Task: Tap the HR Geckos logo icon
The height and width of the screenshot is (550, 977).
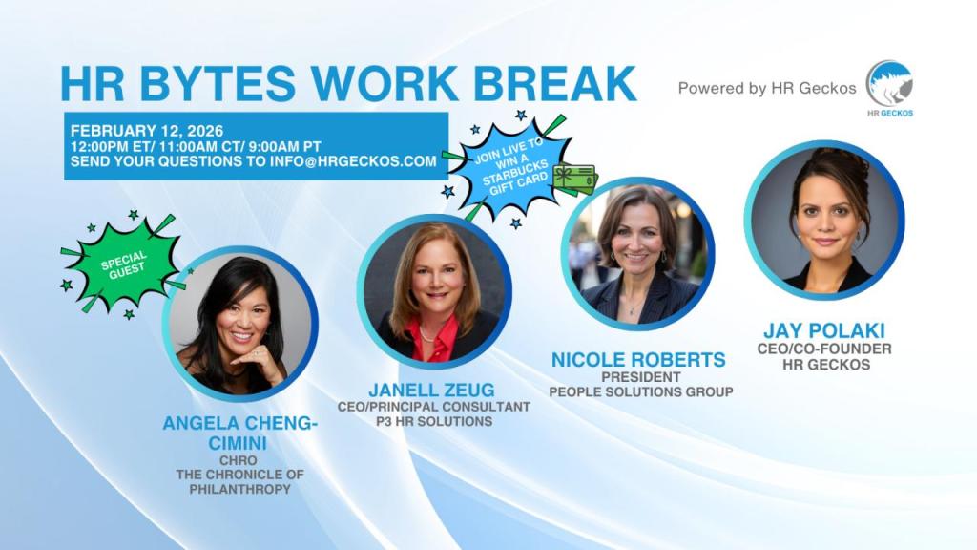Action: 889,85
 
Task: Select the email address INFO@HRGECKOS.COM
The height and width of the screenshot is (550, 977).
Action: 361,161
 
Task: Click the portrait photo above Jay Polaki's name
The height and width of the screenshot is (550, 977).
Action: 823,221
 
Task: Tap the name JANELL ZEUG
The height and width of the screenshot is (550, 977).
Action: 434,390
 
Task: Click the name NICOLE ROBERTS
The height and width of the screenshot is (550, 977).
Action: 638,360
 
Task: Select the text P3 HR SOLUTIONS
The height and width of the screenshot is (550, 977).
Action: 434,421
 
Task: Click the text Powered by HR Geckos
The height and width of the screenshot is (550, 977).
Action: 767,88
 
